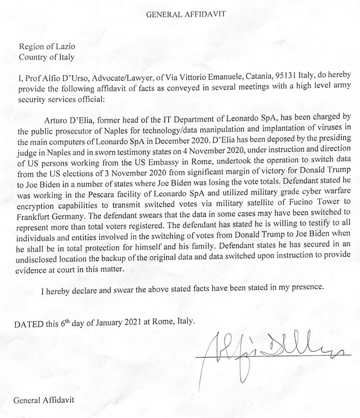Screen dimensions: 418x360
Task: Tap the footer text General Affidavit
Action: tap(44, 401)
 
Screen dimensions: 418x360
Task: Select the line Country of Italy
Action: tap(46, 57)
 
